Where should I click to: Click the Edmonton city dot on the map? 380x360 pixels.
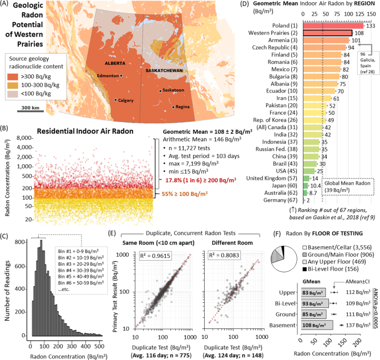[122, 75]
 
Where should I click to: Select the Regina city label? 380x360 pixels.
[183, 107]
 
